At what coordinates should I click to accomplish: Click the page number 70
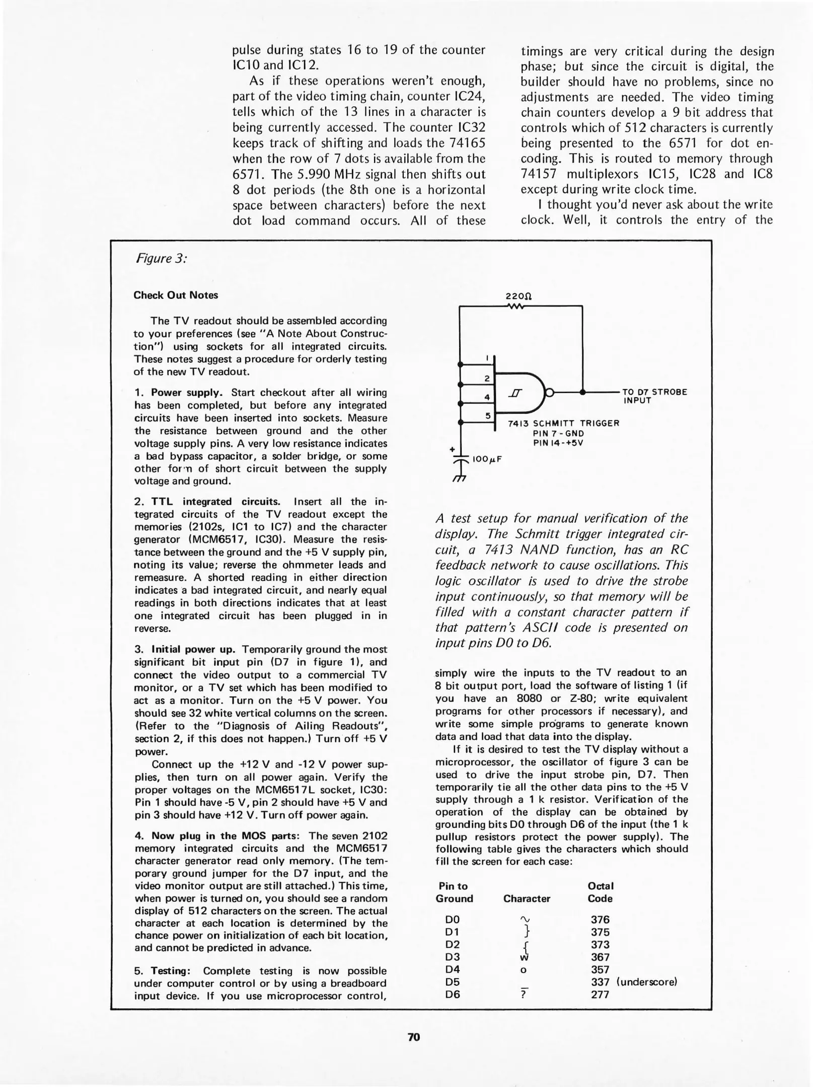(x=413, y=1037)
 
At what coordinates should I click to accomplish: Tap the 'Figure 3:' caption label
(x=161, y=259)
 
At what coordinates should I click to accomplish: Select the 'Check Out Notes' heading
(x=176, y=295)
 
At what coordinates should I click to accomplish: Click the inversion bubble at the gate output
(x=550, y=392)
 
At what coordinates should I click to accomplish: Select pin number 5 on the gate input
(x=487, y=416)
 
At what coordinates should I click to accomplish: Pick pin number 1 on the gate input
(x=487, y=358)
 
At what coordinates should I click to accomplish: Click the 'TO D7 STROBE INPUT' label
(x=654, y=396)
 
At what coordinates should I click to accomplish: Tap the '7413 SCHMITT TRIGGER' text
(x=563, y=423)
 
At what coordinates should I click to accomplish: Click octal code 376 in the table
(x=600, y=920)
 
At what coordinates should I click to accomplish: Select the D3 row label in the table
(x=453, y=957)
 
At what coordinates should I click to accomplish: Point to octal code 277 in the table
(x=600, y=994)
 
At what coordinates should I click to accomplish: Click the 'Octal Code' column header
(x=601, y=892)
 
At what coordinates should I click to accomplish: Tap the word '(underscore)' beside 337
(x=646, y=982)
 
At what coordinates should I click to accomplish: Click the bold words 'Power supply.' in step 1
(x=187, y=393)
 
